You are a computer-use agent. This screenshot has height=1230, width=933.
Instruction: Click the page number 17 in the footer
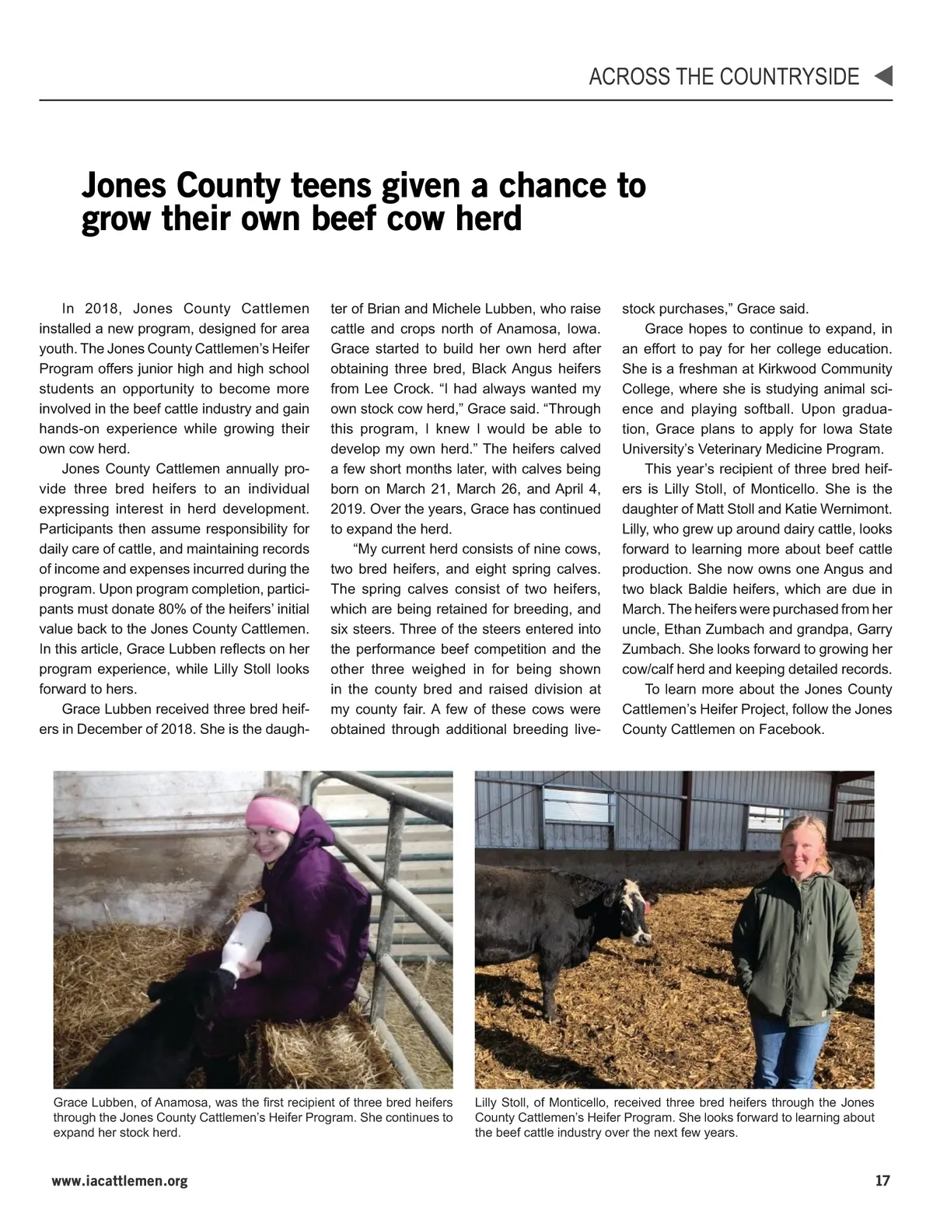(882, 1181)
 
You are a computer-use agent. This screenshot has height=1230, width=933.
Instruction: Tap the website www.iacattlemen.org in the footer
(120, 1182)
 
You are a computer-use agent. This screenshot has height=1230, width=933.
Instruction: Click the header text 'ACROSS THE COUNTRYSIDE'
(724, 76)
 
